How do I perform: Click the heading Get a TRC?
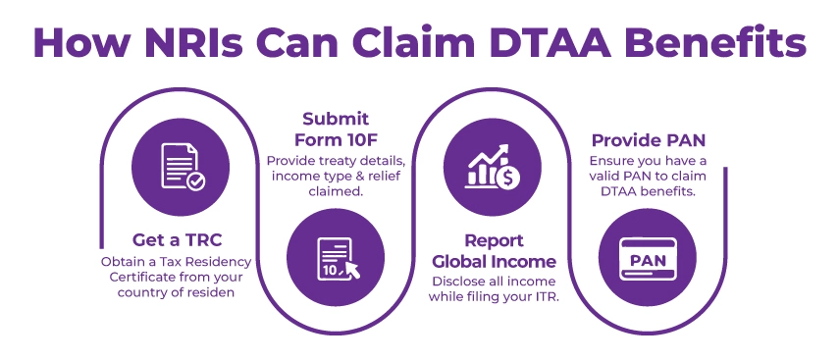(x=176, y=239)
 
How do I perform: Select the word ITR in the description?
(x=544, y=297)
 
